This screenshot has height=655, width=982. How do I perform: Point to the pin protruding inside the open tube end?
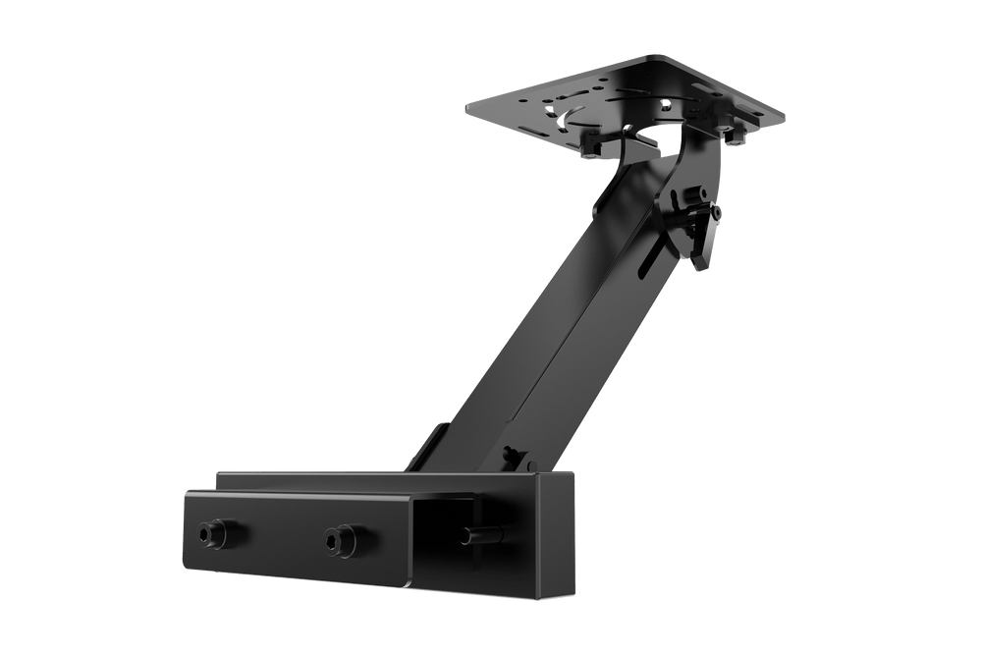point(480,536)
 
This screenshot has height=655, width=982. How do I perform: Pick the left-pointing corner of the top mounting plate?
point(468,105)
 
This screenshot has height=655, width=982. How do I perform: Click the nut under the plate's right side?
point(736,143)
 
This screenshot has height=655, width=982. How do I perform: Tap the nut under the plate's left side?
point(590,149)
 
